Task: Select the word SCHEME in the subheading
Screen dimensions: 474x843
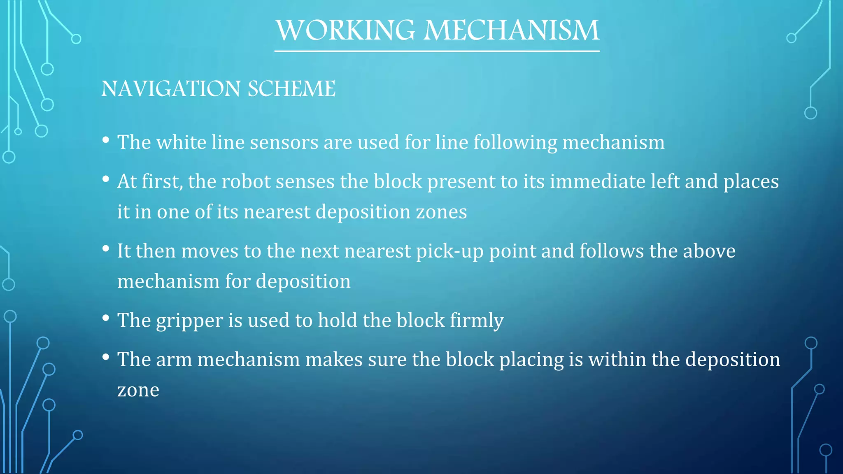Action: pos(291,89)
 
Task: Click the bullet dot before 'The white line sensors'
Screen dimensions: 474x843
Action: pos(106,140)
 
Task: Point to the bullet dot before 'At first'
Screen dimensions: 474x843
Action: pos(106,179)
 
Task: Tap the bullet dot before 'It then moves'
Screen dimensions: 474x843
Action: pos(106,249)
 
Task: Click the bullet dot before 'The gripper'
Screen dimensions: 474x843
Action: pos(106,318)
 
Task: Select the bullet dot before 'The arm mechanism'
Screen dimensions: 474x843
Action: pos(106,357)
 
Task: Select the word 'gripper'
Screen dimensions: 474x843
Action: pos(189,321)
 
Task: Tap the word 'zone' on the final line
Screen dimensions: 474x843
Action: pos(138,390)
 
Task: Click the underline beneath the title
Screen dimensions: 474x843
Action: pos(437,51)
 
